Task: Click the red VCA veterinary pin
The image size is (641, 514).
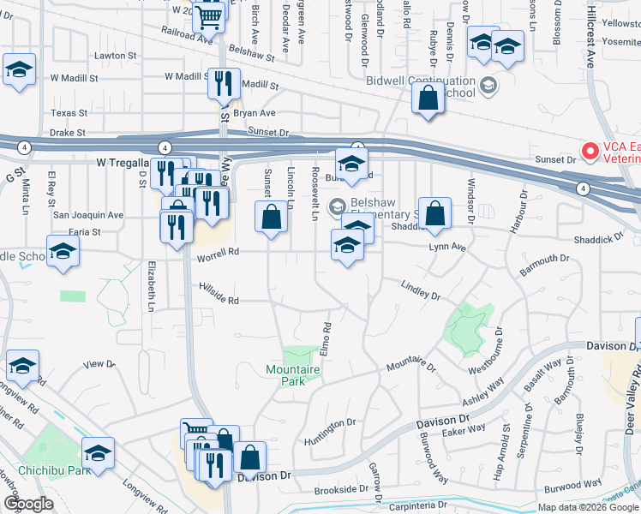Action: click(x=590, y=152)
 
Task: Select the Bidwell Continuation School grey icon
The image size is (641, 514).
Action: click(x=488, y=84)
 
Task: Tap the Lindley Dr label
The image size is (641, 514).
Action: click(x=420, y=290)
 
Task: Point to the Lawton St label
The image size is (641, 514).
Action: click(x=117, y=56)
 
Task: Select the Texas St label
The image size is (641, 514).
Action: click(x=69, y=113)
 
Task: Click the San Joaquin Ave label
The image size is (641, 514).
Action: click(x=88, y=215)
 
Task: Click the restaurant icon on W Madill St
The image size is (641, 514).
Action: click(x=222, y=84)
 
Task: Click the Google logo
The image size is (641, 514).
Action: click(x=28, y=504)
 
